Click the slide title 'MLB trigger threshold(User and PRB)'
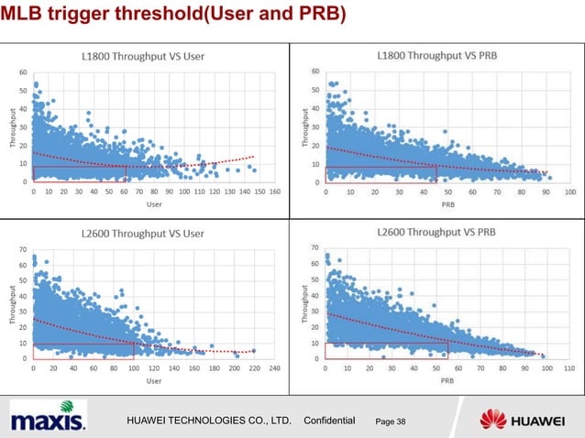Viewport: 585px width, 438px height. coord(174,16)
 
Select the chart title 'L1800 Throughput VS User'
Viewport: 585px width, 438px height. coord(147,56)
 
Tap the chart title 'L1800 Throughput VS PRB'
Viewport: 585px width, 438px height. coord(436,55)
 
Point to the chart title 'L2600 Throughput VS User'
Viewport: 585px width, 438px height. coord(147,234)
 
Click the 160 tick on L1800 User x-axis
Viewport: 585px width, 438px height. coord(274,192)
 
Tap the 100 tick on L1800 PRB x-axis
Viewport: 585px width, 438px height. coord(569,192)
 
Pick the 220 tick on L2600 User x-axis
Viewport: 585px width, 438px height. coord(254,368)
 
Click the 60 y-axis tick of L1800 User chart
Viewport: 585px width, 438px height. coord(23,72)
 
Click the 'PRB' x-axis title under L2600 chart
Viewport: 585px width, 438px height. coord(447,380)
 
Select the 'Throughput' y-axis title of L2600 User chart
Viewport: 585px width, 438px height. coord(13,304)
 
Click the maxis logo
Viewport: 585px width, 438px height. coord(49,420)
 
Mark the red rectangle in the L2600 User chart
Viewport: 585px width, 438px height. coord(83,351)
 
